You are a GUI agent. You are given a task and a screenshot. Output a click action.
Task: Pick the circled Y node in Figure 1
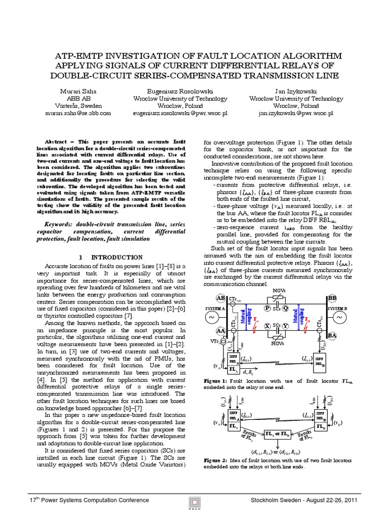coord(287,327)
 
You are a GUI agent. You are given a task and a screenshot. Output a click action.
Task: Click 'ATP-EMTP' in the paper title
coord(81,55)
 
